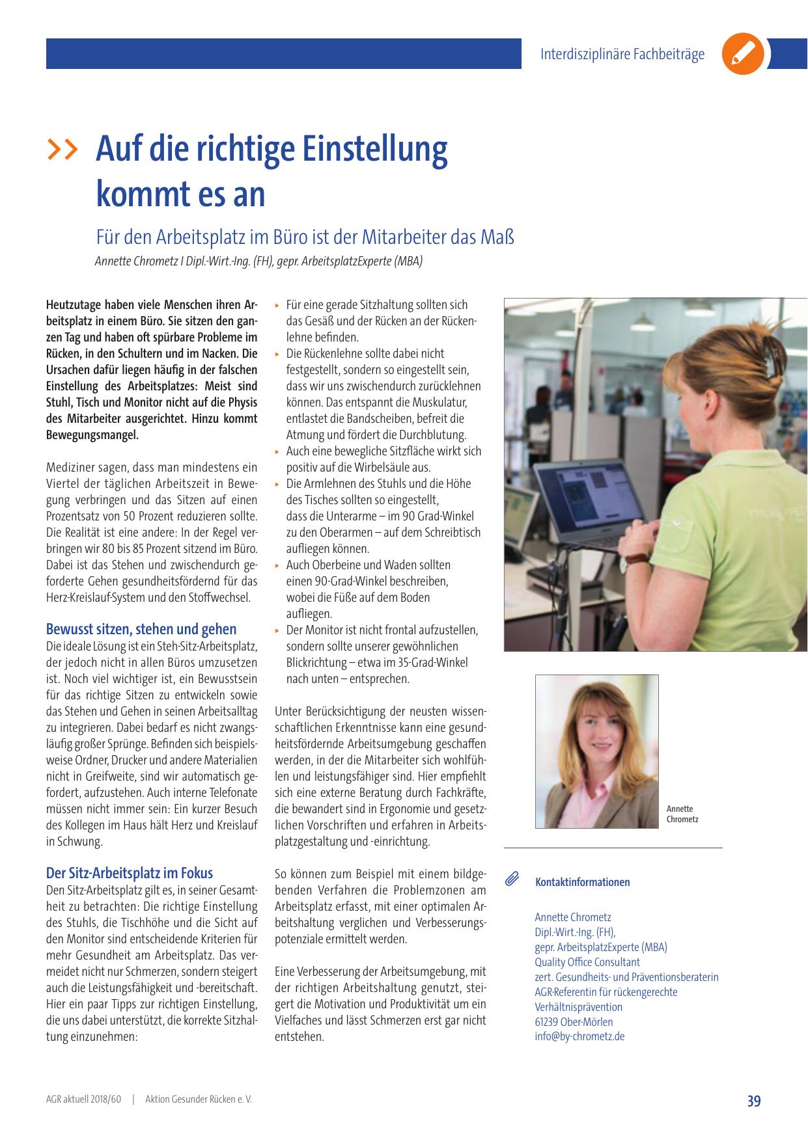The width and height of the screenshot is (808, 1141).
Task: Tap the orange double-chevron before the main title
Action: (x=62, y=149)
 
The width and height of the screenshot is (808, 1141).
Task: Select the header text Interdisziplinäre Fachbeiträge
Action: (x=622, y=55)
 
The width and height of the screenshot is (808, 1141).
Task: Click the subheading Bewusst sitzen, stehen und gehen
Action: (x=141, y=629)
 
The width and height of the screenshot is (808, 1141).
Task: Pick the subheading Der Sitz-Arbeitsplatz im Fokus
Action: (x=130, y=873)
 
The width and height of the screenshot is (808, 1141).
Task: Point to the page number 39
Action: (x=754, y=1101)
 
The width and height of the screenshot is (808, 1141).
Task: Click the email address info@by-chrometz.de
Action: (x=579, y=1036)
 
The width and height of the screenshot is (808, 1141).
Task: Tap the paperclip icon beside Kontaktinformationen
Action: (x=512, y=880)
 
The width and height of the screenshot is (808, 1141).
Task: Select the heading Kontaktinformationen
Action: (x=583, y=882)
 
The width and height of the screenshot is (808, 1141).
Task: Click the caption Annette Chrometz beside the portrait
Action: (x=682, y=814)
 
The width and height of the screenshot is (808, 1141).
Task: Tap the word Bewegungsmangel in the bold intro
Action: (x=92, y=435)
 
